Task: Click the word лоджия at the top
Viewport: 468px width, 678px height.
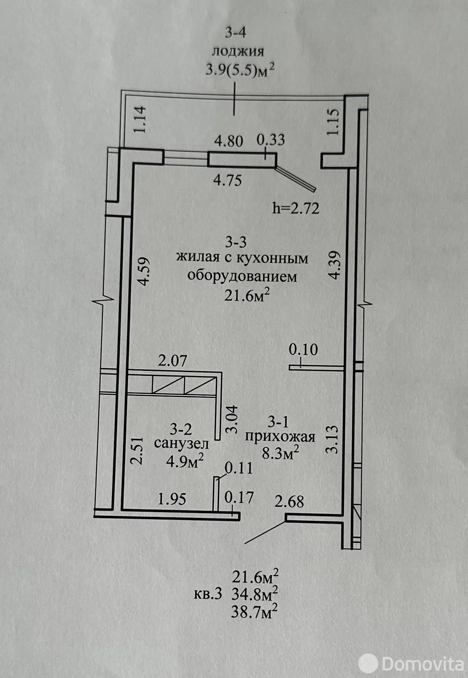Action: pos(238,52)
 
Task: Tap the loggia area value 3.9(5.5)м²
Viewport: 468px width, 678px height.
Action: pos(240,70)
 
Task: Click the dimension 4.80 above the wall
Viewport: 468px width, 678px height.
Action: pos(229,141)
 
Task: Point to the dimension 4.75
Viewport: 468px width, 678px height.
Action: pos(228,181)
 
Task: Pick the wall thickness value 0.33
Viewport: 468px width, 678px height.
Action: pos(271,140)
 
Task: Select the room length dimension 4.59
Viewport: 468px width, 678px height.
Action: pos(142,271)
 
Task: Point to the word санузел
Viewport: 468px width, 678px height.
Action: pos(181,443)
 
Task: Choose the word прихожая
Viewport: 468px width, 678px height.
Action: pos(280,437)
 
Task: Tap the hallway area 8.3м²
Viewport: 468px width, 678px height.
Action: pos(280,453)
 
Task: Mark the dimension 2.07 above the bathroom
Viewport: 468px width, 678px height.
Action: pos(173,361)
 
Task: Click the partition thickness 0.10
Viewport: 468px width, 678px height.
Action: pos(303,350)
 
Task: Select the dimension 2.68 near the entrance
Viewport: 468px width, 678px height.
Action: pos(289,502)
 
